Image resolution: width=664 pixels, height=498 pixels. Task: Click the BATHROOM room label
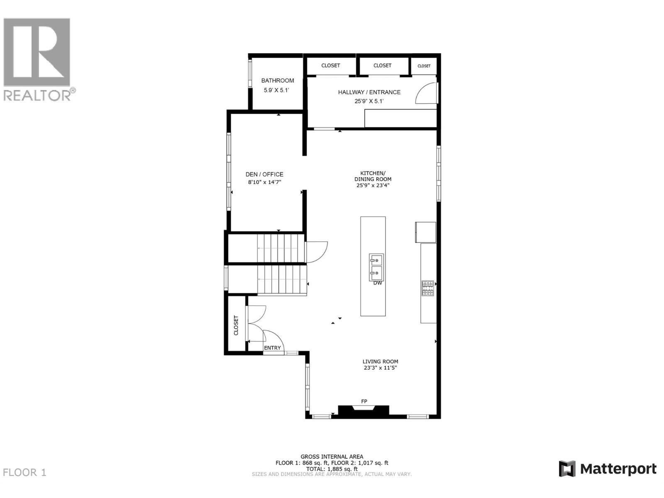tap(277, 81)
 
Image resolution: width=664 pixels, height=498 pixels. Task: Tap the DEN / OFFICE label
tap(264, 174)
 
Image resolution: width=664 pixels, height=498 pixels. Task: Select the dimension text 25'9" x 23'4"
tap(373, 186)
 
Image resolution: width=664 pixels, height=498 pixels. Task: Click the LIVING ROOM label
tap(380, 361)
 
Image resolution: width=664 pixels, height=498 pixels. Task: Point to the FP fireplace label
tap(364, 401)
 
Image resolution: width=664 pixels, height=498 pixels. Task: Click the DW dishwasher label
tap(377, 283)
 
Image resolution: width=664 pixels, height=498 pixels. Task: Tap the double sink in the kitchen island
tap(376, 267)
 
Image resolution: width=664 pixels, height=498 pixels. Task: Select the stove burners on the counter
tap(427, 288)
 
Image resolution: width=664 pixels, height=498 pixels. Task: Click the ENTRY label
tap(272, 348)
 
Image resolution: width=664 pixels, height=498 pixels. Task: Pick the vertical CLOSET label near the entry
tap(236, 325)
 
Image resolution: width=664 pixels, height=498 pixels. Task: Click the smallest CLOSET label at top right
tap(424, 66)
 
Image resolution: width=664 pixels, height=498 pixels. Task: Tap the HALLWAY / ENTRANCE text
tap(369, 92)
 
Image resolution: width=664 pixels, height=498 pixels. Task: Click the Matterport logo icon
tap(567, 469)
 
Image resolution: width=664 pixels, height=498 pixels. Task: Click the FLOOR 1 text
tap(24, 472)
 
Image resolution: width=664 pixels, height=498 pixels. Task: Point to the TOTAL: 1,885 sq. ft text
tap(332, 469)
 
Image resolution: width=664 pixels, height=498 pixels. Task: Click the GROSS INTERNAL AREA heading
tap(332, 456)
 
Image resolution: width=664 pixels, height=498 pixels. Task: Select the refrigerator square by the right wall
tap(425, 232)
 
